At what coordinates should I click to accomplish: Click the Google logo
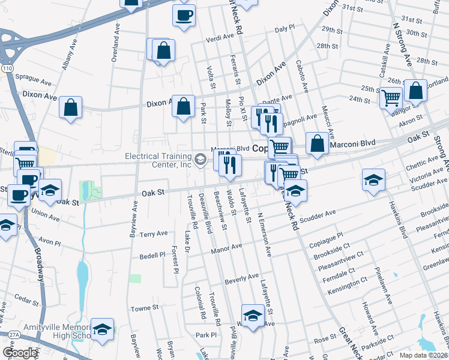20,353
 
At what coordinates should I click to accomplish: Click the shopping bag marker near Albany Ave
71,108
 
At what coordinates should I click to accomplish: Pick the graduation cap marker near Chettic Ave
373,179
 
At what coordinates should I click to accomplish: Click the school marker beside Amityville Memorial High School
103,330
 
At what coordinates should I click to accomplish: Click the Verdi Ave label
219,38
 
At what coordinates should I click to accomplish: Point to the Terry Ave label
154,234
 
